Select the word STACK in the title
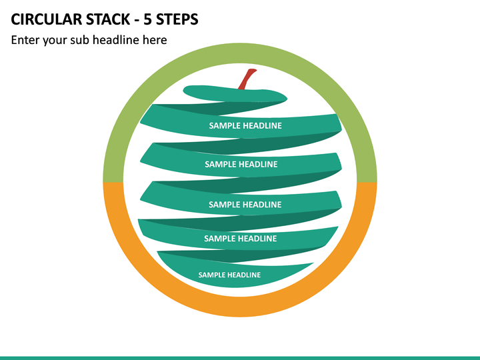click(109, 19)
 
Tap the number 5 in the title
click(147, 19)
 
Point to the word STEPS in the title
click(177, 19)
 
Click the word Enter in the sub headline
click(25, 40)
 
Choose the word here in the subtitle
click(155, 40)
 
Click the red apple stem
click(247, 79)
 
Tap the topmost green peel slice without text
click(235, 94)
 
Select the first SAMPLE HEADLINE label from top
click(245, 125)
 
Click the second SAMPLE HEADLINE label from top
click(241, 165)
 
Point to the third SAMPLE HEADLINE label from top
click(245, 205)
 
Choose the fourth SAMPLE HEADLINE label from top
click(240, 239)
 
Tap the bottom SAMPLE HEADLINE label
click(229, 275)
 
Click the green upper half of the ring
click(240, 53)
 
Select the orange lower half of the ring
click(240, 307)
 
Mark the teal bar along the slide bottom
click(240, 358)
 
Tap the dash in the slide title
click(137, 21)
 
